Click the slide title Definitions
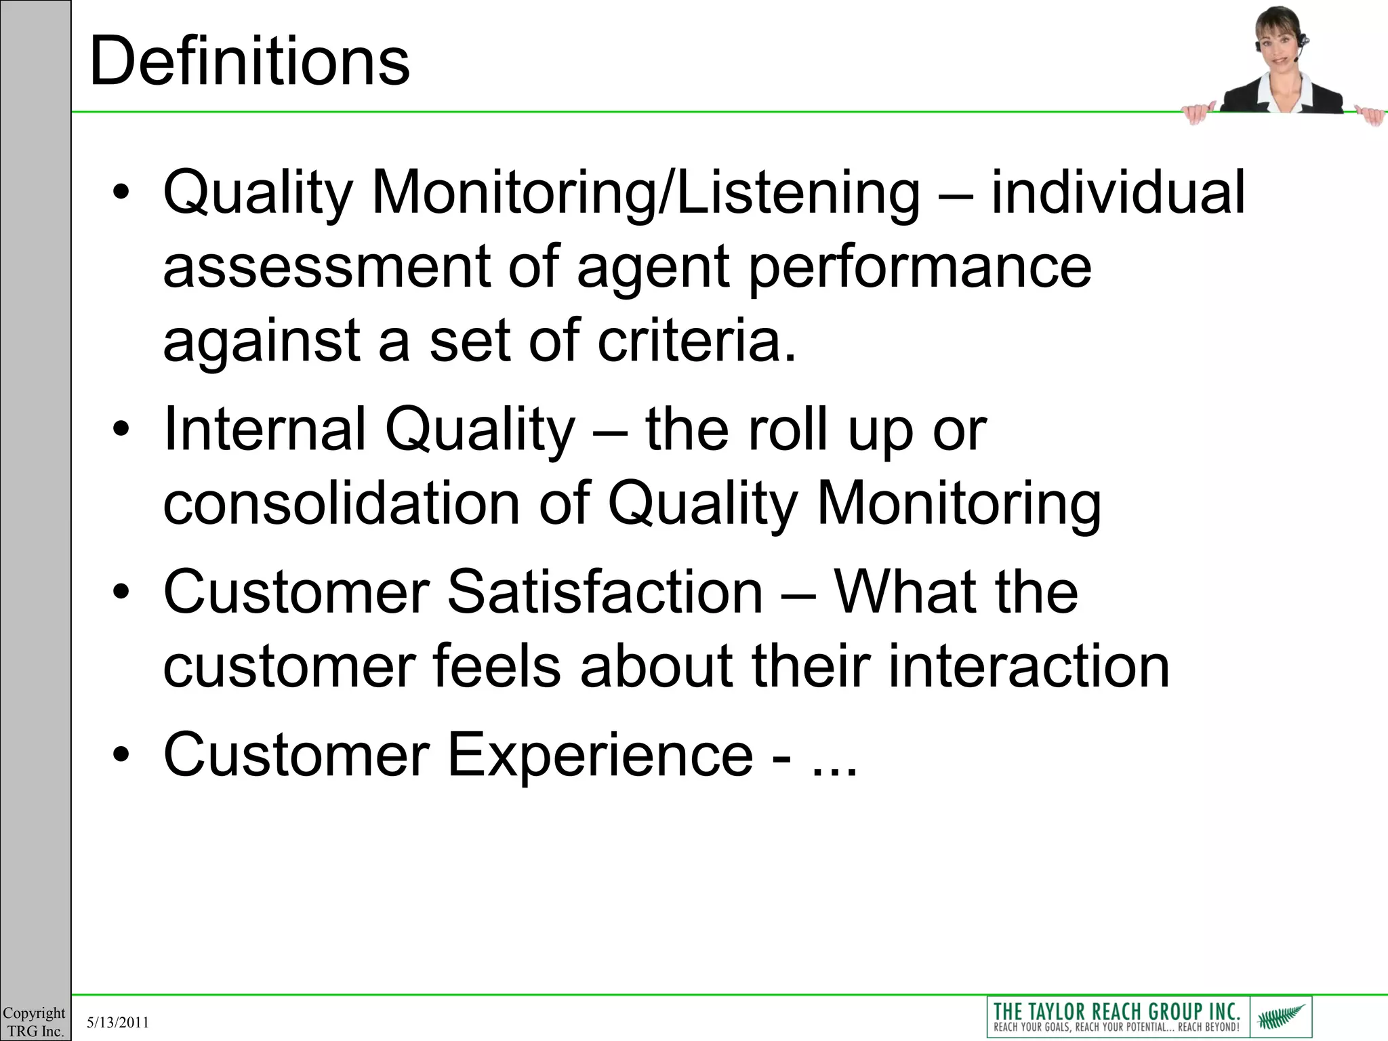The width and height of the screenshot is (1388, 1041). coord(249,62)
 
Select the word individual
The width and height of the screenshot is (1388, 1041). coord(1118,192)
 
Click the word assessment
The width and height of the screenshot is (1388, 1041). coord(326,268)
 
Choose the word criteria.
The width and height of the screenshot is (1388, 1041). coord(696,341)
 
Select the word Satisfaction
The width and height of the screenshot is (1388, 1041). coord(605,592)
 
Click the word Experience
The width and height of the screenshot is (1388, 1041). coord(600,756)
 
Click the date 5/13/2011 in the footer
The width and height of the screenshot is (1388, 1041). coord(118,1023)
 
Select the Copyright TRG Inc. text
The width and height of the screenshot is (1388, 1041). coord(35,1022)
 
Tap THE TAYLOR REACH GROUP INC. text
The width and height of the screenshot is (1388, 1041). coord(1116,1011)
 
